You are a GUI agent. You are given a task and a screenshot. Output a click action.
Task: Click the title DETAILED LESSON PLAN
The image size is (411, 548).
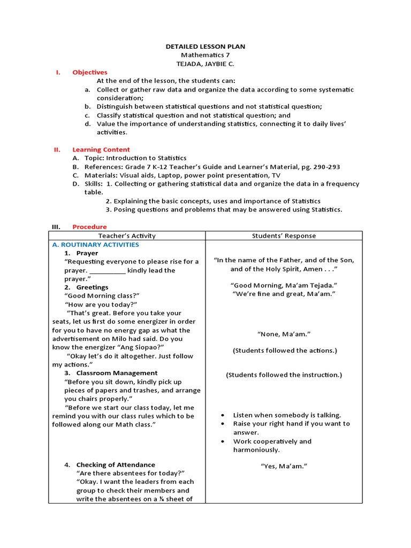tap(205, 47)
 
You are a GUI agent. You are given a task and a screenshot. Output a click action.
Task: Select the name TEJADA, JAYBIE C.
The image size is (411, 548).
tap(205, 64)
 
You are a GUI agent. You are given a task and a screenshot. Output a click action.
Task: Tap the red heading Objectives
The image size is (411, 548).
tap(90, 72)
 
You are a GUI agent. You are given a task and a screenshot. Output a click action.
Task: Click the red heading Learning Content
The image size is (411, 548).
tap(101, 149)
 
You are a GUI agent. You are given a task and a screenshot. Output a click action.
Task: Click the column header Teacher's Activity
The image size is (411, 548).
tap(126, 235)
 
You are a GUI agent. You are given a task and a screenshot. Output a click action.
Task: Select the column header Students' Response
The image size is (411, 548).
tap(284, 235)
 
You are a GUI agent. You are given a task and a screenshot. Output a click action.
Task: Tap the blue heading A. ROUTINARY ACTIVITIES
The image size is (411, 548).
tap(95, 245)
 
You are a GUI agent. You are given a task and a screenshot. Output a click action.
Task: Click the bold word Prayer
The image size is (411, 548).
tap(87, 253)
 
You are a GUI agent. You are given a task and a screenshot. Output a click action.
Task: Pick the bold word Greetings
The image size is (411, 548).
tap(92, 287)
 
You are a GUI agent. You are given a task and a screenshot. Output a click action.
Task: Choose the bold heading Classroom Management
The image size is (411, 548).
tap(117, 373)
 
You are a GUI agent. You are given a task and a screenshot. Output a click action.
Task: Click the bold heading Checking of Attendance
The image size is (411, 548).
tap(116, 465)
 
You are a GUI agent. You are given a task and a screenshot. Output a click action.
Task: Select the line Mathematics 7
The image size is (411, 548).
tap(205, 55)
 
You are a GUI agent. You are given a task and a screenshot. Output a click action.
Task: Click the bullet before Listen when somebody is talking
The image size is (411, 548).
tap(223, 415)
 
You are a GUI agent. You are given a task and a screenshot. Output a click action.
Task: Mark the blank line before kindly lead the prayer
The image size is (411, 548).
tap(107, 271)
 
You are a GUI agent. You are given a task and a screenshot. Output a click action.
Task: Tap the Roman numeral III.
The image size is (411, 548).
tap(56, 226)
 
